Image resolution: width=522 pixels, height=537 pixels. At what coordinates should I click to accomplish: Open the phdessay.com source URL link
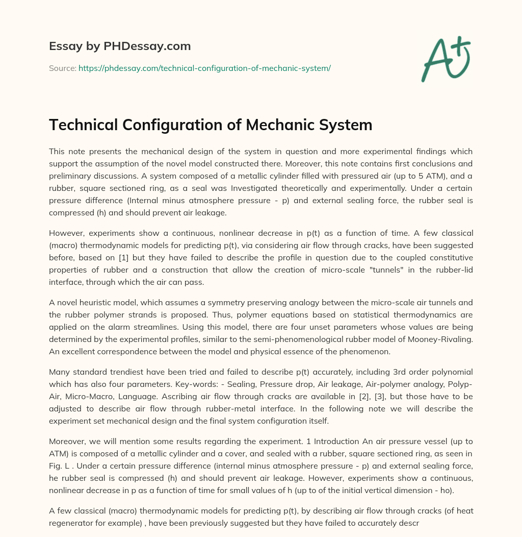pyautogui.click(x=204, y=68)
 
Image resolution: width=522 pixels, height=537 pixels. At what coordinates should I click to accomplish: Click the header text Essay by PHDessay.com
pyautogui.click(x=120, y=46)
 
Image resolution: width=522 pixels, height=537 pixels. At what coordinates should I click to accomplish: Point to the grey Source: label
pyautogui.click(x=63, y=68)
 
